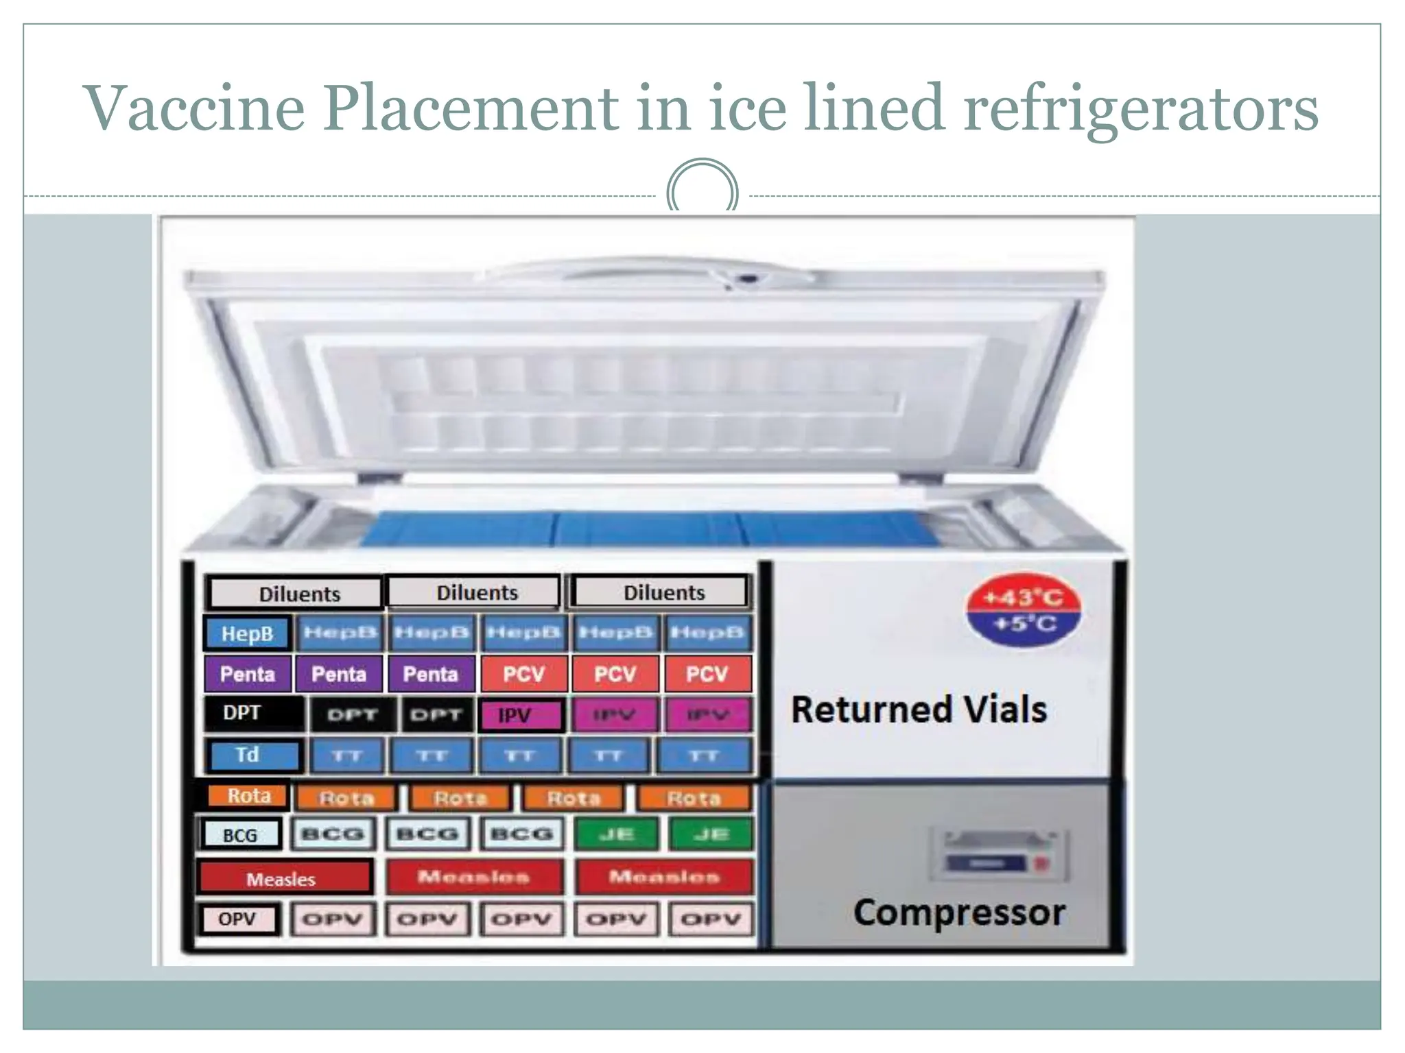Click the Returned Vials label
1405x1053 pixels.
click(x=919, y=710)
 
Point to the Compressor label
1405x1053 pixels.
click(x=959, y=912)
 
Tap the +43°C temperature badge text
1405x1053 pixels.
click(x=1023, y=598)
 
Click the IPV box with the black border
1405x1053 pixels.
click(x=521, y=716)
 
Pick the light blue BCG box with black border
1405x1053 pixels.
click(x=241, y=835)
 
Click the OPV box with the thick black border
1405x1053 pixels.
click(x=238, y=919)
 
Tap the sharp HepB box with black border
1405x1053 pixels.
click(x=248, y=633)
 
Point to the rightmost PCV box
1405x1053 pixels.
click(x=707, y=674)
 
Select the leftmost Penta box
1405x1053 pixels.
click(x=248, y=674)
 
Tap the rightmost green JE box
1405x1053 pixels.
click(x=711, y=834)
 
